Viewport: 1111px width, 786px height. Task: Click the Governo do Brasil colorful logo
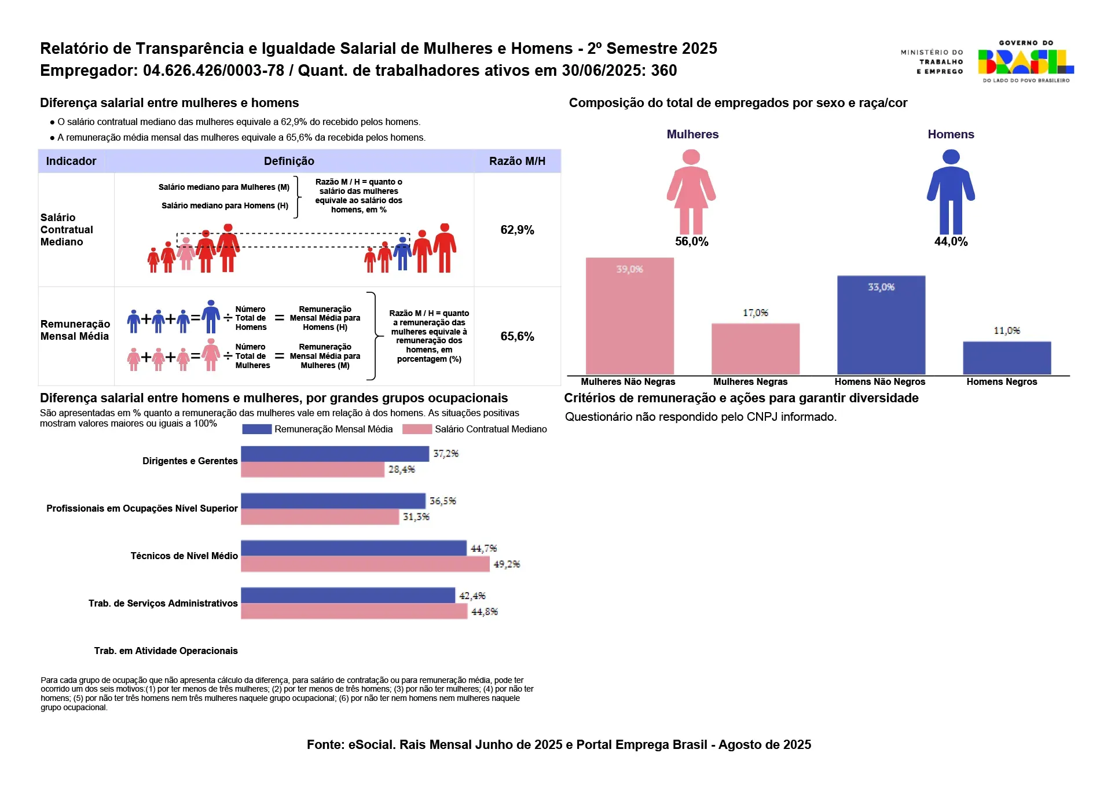click(x=1025, y=61)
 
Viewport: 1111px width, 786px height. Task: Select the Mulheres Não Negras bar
click(x=629, y=316)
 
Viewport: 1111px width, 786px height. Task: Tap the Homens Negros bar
click(x=1006, y=358)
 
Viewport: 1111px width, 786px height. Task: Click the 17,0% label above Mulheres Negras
click(x=755, y=313)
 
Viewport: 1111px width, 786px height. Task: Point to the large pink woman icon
click(x=691, y=192)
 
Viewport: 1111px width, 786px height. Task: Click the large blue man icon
click(x=951, y=192)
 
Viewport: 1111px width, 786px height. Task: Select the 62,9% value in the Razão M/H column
click(x=517, y=230)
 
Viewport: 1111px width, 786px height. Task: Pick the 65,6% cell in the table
click(x=517, y=336)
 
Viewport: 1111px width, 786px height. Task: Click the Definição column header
click(x=289, y=161)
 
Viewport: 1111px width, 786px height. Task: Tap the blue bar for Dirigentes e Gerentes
click(x=335, y=454)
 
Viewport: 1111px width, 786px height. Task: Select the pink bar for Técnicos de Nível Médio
click(x=365, y=564)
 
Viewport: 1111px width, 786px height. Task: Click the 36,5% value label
click(x=442, y=501)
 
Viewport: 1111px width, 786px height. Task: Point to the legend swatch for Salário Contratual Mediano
click(x=417, y=429)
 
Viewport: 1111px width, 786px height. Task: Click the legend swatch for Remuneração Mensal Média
click(x=256, y=429)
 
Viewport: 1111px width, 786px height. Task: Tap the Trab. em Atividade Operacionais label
click(x=166, y=651)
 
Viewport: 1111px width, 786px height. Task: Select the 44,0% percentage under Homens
click(x=951, y=241)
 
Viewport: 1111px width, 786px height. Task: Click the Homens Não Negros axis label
click(x=879, y=381)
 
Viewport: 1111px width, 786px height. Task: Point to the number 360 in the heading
click(x=663, y=71)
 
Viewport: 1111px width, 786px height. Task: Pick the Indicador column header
click(x=71, y=161)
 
